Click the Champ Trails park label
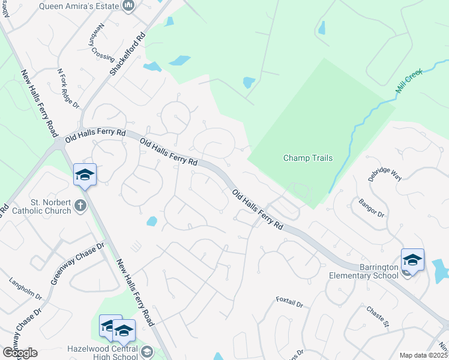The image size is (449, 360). (307, 158)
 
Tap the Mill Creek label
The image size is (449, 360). (409, 81)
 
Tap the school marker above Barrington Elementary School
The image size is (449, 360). (412, 260)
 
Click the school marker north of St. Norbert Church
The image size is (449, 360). (85, 175)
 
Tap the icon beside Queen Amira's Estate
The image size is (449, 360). (128, 6)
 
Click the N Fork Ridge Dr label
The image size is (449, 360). (68, 88)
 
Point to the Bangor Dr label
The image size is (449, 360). (372, 206)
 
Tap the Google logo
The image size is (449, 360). (19, 353)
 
